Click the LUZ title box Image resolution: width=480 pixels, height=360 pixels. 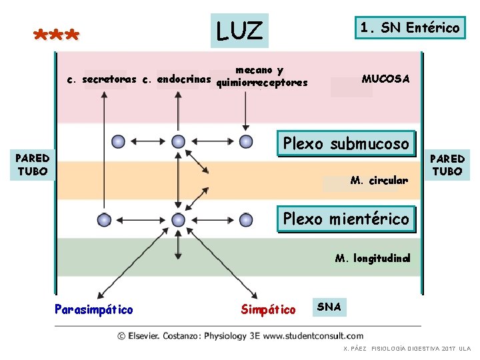[239, 31]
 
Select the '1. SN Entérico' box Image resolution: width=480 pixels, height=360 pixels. [409, 28]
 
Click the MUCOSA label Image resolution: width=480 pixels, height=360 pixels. [385, 79]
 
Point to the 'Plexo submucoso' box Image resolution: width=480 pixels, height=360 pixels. [346, 143]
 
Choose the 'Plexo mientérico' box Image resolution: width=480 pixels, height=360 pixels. [346, 218]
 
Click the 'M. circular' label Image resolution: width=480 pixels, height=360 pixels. [379, 180]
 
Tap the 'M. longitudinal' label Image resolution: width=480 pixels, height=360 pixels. [373, 258]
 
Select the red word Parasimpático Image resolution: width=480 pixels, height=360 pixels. [94, 309]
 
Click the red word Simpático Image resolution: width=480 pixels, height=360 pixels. [268, 309]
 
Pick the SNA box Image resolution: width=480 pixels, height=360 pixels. [329, 307]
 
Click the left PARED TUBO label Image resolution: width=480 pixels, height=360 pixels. [32, 164]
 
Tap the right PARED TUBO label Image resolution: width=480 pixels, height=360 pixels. [447, 164]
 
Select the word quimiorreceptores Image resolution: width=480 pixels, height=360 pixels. [263, 83]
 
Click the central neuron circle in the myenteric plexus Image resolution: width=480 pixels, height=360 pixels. [178, 219]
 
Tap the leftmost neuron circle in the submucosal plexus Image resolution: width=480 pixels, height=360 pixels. [118, 141]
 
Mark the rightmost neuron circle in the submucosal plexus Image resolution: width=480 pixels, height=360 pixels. [246, 141]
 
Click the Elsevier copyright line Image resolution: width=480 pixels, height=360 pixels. [240, 336]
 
